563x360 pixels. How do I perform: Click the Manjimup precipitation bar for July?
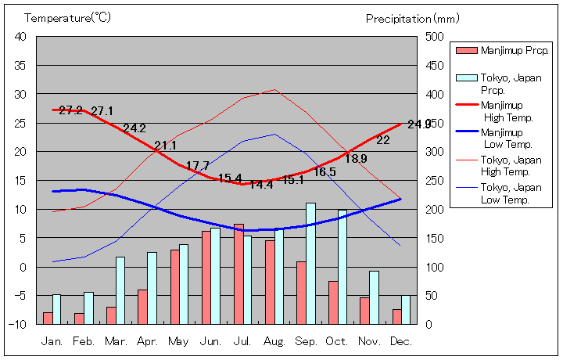point(238,274)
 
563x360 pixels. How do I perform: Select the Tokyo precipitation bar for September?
point(310,263)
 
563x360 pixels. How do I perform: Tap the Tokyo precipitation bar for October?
point(342,266)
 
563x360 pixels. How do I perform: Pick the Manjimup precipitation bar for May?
point(175,286)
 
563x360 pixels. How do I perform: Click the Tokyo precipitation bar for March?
point(120,290)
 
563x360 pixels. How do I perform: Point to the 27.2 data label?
point(71,110)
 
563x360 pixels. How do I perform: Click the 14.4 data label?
point(261,185)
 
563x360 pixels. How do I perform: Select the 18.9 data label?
point(356,158)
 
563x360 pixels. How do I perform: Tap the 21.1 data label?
point(165,146)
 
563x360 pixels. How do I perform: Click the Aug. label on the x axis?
point(274,341)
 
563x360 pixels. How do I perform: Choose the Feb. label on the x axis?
point(84,341)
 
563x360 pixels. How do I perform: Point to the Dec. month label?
point(400,341)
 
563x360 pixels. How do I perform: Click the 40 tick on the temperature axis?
point(20,36)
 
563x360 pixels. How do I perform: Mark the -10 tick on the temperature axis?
point(19,324)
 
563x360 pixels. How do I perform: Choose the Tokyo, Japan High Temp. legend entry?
point(511,165)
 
